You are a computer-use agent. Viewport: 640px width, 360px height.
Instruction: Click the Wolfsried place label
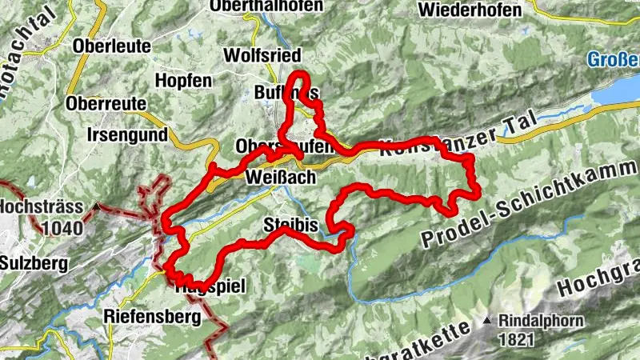[x=273, y=56]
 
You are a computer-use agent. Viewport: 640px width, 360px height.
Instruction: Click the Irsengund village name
[x=128, y=134]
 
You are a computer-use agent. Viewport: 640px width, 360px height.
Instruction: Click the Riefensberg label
[x=152, y=316]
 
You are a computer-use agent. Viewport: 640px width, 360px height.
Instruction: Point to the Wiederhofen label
[x=470, y=10]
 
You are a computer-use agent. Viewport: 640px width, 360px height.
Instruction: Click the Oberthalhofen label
[x=266, y=6]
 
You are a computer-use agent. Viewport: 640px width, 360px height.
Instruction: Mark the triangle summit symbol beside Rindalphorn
[x=487, y=321]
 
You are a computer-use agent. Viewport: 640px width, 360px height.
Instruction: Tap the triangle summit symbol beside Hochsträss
[x=96, y=206]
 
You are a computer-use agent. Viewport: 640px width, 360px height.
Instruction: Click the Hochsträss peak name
[x=42, y=206]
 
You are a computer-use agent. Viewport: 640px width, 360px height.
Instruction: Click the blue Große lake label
[x=612, y=60]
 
